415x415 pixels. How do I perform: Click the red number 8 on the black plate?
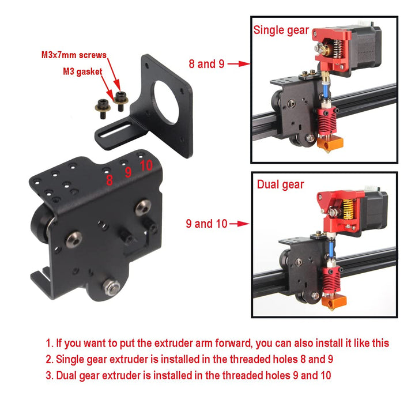[110, 180]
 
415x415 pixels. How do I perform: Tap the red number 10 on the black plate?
[146, 165]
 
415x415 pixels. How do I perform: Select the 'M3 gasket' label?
[82, 71]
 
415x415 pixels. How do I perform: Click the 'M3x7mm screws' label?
[74, 55]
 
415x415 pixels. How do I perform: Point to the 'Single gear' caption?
[281, 31]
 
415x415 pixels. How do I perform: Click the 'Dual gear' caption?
[280, 184]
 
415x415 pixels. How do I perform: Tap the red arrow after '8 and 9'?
[239, 64]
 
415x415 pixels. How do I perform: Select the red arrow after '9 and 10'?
[239, 224]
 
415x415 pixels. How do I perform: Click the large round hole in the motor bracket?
[166, 102]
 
